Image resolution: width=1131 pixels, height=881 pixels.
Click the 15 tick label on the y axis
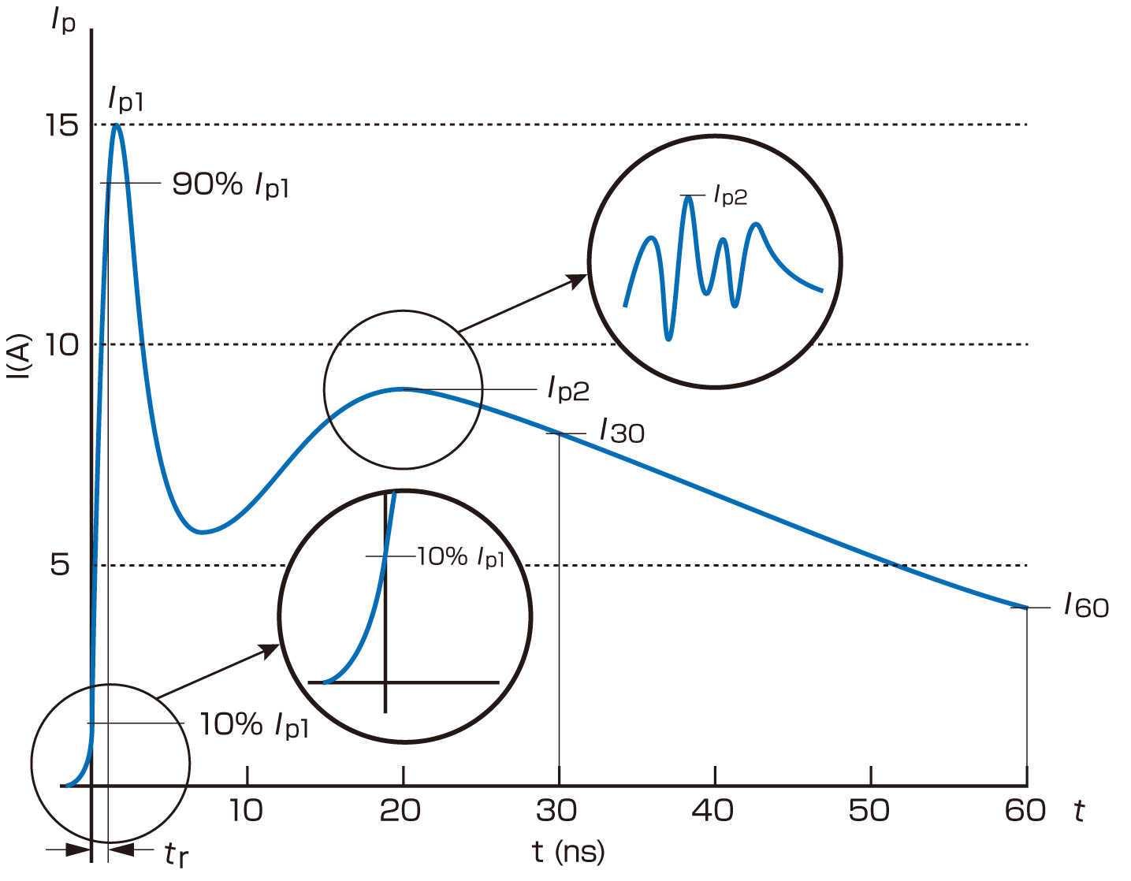62,125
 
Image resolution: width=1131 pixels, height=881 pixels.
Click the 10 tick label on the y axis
62,344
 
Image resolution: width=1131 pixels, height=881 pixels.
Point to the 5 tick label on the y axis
61,565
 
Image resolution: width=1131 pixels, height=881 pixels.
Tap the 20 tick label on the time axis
401,811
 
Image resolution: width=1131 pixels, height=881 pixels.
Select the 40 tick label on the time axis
714,811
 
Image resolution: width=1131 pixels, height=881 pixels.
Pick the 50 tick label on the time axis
870,811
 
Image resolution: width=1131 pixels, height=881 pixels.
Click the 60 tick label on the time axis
1025,811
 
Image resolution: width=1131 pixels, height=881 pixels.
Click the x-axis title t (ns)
568,852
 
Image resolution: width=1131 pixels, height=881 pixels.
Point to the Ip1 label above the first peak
126,100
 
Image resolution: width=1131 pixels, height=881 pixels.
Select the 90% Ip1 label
231,185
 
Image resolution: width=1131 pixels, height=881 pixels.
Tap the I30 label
622,431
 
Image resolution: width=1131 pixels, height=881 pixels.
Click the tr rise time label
177,854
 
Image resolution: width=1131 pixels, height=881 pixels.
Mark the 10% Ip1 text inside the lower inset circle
460,557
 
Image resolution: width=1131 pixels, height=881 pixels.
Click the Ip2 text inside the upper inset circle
731,195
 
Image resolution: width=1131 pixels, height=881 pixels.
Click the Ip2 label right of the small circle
568,388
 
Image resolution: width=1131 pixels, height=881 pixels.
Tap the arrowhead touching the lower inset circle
270,650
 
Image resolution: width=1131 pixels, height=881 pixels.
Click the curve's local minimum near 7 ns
203,532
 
